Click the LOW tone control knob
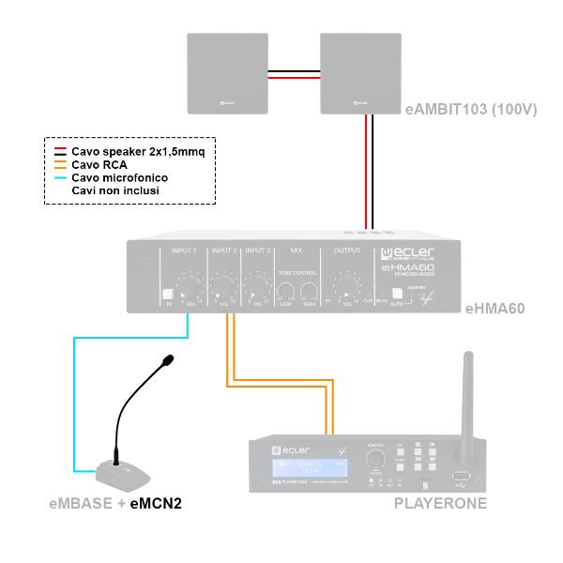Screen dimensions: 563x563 pos(285,291)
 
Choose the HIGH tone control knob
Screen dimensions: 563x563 pos(311,291)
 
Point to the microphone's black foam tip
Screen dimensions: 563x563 pos(167,360)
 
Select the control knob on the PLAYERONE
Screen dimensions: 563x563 pos(375,459)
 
